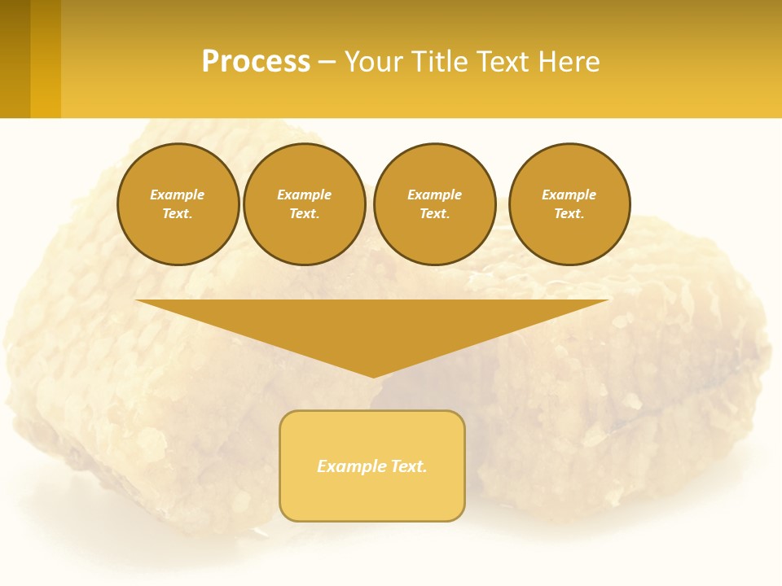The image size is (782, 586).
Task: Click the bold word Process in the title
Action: [x=256, y=62]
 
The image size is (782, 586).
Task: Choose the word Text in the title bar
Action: [x=503, y=62]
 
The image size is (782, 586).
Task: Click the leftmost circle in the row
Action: [x=178, y=204]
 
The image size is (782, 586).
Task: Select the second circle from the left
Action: [x=305, y=204]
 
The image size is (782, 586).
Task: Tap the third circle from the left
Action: [x=434, y=204]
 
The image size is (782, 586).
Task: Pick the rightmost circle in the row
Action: [x=569, y=204]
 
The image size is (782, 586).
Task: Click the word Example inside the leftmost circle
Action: [x=178, y=195]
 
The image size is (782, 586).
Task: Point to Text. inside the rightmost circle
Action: [x=569, y=214]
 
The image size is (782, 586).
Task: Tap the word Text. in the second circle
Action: [x=305, y=214]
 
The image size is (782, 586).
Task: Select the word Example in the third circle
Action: [x=434, y=195]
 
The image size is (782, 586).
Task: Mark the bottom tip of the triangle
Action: [x=373, y=375]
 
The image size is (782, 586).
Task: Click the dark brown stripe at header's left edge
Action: [x=15, y=59]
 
